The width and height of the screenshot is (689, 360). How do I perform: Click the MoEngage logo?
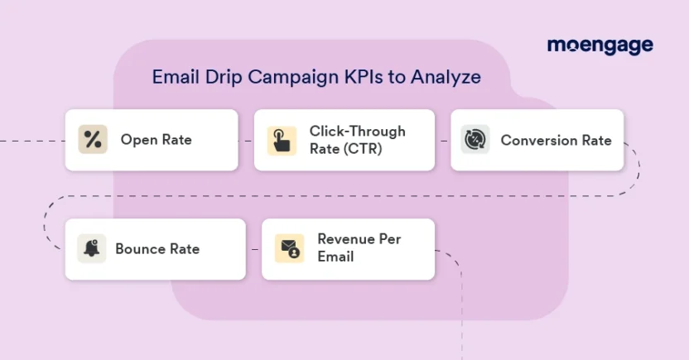pyautogui.click(x=600, y=46)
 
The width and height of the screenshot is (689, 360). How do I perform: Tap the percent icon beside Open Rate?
pyautogui.click(x=93, y=140)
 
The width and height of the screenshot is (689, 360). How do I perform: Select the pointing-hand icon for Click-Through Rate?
pyautogui.click(x=282, y=140)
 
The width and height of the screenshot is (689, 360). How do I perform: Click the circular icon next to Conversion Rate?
pyautogui.click(x=475, y=140)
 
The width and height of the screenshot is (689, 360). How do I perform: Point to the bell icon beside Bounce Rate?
pyautogui.click(x=92, y=248)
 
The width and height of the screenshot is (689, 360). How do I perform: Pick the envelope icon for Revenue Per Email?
pyautogui.click(x=289, y=248)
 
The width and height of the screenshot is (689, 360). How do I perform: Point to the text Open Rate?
pyautogui.click(x=156, y=140)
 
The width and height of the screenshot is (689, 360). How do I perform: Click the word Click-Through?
pyautogui.click(x=358, y=132)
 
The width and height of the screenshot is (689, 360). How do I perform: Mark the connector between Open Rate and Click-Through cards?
pyautogui.click(x=246, y=141)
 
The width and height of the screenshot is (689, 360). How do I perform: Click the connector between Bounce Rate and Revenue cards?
pyautogui.click(x=253, y=248)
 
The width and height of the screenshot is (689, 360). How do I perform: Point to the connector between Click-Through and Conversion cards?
pyautogui.click(x=442, y=141)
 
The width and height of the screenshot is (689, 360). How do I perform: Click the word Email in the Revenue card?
pyautogui.click(x=335, y=257)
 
